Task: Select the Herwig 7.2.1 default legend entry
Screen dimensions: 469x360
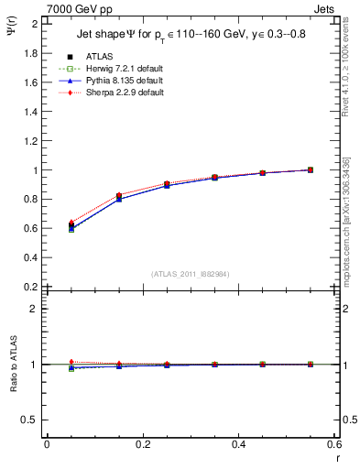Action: pyautogui.click(x=124, y=69)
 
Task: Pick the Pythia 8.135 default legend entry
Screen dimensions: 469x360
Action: pyautogui.click(x=123, y=81)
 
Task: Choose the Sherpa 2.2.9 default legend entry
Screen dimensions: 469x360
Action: pyautogui.click(x=124, y=93)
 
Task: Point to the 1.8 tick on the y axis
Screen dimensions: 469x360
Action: pyautogui.click(x=32, y=53)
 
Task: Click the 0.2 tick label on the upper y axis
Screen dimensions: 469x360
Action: pyautogui.click(x=32, y=287)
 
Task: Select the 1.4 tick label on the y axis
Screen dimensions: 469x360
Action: pyautogui.click(x=32, y=112)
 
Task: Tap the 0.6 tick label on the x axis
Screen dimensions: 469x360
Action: pyautogui.click(x=337, y=444)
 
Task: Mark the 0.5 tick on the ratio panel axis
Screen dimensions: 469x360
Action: pyautogui.click(x=32, y=420)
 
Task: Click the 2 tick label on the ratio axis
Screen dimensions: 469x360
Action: pyautogui.click(x=36, y=309)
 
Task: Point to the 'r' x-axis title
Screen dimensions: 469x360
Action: pyautogui.click(x=337, y=457)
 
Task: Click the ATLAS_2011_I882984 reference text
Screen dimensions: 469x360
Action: pyautogui.click(x=191, y=273)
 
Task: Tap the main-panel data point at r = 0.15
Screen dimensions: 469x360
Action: pyautogui.click(x=119, y=196)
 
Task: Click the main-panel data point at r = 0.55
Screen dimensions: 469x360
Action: pyautogui.click(x=311, y=169)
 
